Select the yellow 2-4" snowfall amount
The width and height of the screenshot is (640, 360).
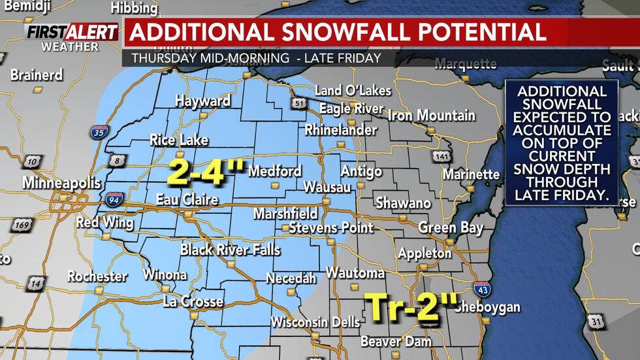point(206,172)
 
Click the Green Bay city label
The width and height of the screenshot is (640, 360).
point(451,228)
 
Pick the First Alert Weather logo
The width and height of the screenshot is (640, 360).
point(71,37)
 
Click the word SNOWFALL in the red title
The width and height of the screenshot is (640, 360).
point(345,33)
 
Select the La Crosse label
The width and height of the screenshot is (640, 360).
point(193,302)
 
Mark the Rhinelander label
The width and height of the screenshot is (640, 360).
point(341,130)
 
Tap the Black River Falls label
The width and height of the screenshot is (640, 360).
point(230,250)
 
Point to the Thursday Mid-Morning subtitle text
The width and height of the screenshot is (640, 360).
point(210,58)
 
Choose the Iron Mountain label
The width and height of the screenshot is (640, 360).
point(432,116)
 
